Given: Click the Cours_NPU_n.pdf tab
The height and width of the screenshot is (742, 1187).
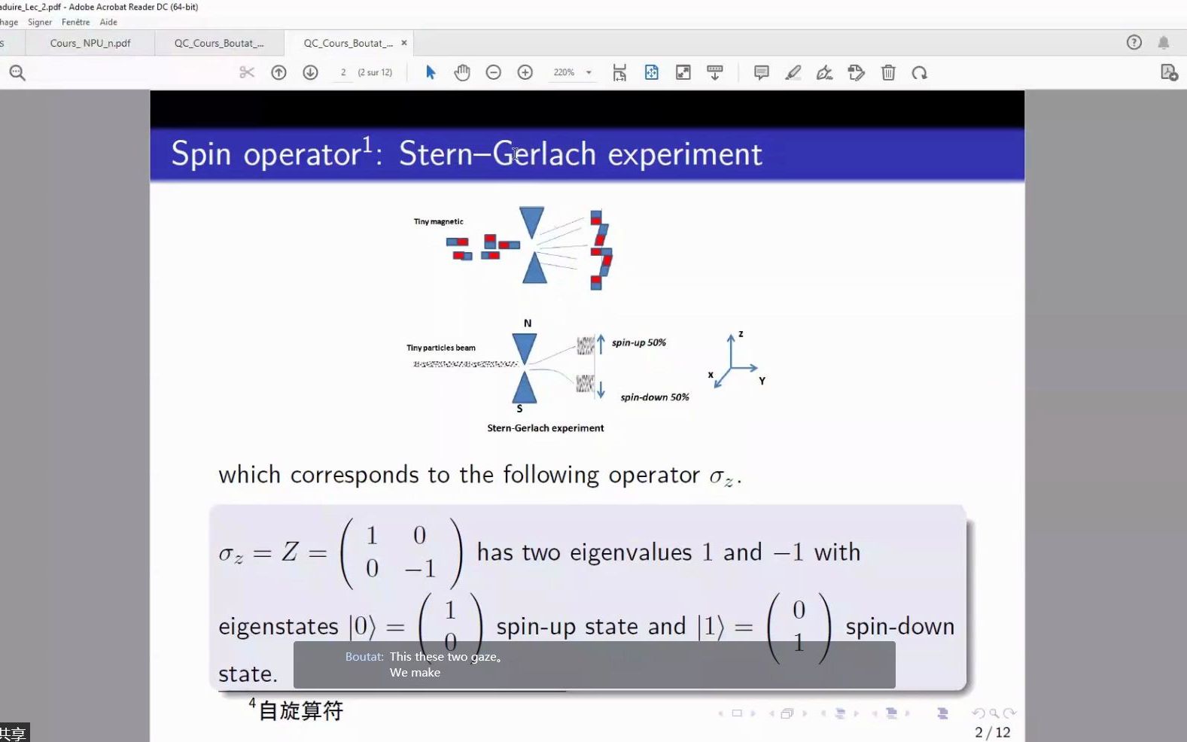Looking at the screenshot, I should (x=90, y=44).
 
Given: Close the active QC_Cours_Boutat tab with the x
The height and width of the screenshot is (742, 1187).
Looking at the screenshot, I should (x=404, y=43).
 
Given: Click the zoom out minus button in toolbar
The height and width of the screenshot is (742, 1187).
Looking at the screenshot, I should (x=493, y=72).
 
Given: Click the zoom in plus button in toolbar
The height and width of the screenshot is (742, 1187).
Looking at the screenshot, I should (x=525, y=72).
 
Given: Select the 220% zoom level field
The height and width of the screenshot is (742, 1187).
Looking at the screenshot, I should (x=564, y=72).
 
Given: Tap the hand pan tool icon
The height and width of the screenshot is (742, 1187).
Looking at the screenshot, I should (x=462, y=72).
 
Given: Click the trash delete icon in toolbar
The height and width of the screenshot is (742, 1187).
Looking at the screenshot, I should (x=888, y=72).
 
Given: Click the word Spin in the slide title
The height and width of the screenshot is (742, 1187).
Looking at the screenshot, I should (x=201, y=154).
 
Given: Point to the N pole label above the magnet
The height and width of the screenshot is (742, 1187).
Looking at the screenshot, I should (x=528, y=323).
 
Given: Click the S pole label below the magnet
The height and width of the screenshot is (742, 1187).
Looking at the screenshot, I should (x=519, y=409).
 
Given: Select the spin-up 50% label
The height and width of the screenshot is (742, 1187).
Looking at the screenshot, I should (x=638, y=342).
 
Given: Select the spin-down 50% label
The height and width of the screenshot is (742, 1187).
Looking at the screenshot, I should (x=654, y=397).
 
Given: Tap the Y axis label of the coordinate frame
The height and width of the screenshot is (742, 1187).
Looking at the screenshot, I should (x=762, y=381).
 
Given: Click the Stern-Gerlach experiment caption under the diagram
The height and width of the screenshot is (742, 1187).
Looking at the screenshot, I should (x=545, y=428).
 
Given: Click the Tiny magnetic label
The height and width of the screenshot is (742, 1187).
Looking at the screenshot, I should (x=438, y=221).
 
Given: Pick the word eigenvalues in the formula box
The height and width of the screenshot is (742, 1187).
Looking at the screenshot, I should (x=630, y=552).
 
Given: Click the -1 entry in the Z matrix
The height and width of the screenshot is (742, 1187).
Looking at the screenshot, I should (x=420, y=569).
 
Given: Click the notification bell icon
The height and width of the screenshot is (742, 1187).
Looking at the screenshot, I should (x=1164, y=43).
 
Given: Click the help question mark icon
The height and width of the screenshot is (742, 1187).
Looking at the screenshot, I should (x=1134, y=43).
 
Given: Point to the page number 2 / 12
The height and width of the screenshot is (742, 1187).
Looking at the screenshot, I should (x=992, y=732).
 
